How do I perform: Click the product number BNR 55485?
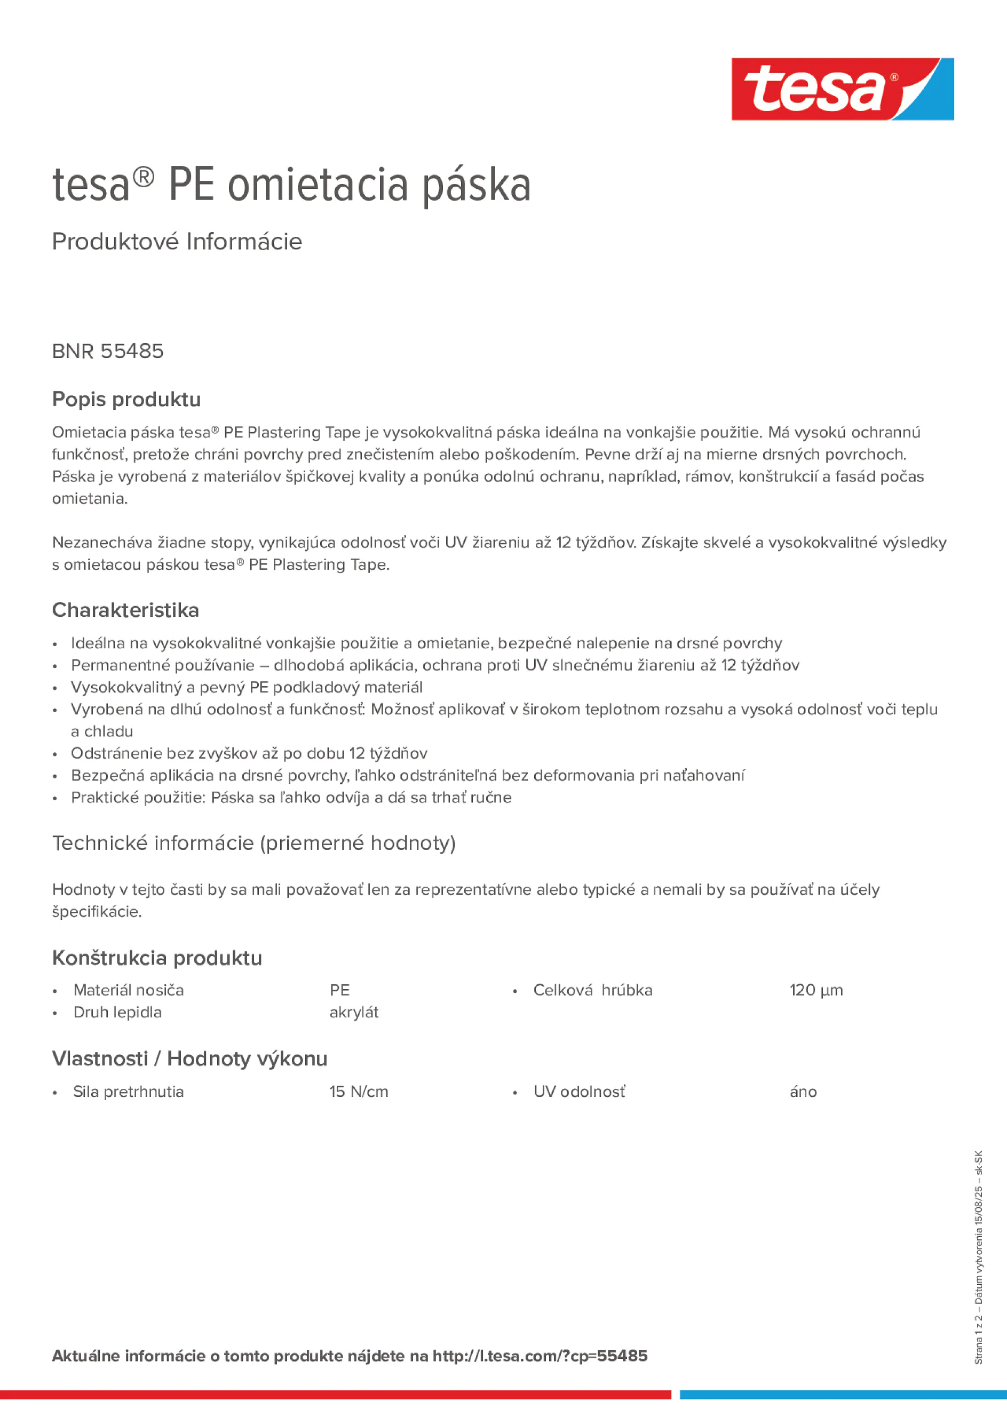108,351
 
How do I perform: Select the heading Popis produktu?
126,399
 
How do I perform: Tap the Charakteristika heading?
125,610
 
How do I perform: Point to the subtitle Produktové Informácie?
177,242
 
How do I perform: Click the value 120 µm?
816,990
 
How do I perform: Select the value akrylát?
354,1012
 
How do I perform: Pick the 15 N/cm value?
359,1092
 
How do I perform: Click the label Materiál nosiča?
129,990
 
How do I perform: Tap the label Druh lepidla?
117,1012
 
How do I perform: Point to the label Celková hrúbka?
592,990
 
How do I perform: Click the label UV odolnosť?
579,1092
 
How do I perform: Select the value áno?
803,1092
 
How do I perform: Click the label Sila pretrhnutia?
129,1092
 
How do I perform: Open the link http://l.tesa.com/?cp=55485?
540,1356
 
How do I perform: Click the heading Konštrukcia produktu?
157,958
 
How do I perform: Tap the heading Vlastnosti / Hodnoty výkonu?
189,1058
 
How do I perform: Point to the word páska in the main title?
477,186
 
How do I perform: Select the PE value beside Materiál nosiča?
339,990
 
